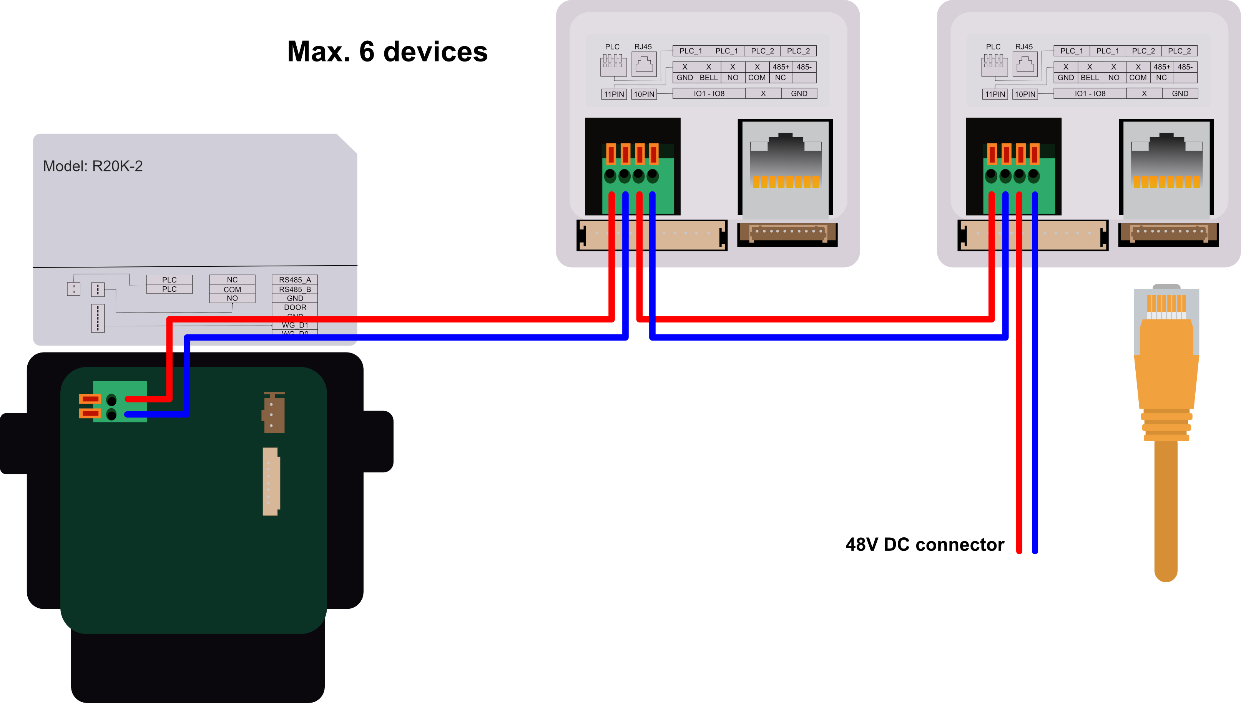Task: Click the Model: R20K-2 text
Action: coord(93,166)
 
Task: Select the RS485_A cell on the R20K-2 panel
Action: coord(294,279)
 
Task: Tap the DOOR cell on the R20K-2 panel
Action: coord(294,307)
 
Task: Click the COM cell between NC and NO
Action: coord(232,289)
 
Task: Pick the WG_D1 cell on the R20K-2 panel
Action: coord(294,325)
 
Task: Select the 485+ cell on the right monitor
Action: coord(1161,66)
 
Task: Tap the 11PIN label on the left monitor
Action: coord(614,94)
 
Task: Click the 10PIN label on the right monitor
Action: coord(1025,94)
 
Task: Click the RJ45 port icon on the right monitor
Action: coord(1025,64)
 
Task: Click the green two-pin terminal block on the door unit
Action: coord(119,401)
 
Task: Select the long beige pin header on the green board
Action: coord(271,481)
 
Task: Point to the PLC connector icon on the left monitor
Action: coord(613,64)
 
